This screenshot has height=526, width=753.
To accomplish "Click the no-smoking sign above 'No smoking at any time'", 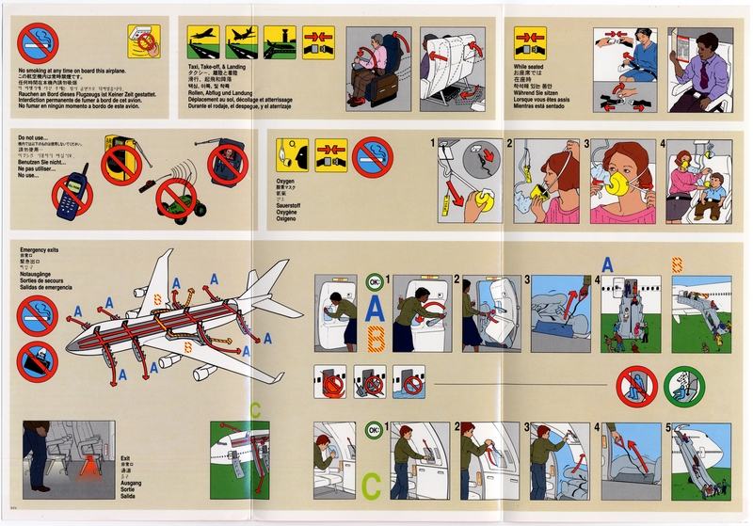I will pyautogui.click(x=39, y=43).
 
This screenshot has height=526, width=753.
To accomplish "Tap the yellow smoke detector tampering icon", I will pyautogui.click(x=143, y=41).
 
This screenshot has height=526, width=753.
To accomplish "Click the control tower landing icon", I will pyautogui.click(x=280, y=42).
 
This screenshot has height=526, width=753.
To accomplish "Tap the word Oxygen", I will pyautogui.click(x=284, y=179).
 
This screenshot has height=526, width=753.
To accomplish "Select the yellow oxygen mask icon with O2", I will pyautogui.click(x=292, y=154).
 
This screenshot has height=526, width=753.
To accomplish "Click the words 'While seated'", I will pyautogui.click(x=529, y=68).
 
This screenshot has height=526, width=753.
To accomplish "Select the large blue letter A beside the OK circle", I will pyautogui.click(x=375, y=307).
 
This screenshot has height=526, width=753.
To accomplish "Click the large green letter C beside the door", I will pyautogui.click(x=372, y=486).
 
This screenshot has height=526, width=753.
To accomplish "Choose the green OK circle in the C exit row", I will pyautogui.click(x=375, y=431).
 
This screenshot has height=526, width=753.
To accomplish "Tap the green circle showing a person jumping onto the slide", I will pyautogui.click(x=683, y=386).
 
